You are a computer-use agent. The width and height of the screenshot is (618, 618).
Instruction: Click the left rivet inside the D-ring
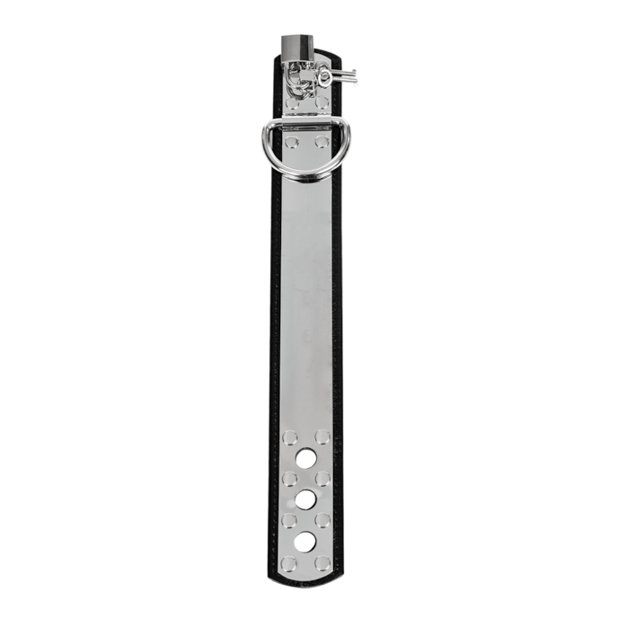pyautogui.click(x=291, y=142)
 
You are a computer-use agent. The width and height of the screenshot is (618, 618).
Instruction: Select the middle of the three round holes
pyautogui.click(x=306, y=499)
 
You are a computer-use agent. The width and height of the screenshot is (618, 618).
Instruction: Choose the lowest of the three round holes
pyautogui.click(x=306, y=541)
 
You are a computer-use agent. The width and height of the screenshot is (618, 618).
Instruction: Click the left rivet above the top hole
pyautogui.click(x=290, y=437)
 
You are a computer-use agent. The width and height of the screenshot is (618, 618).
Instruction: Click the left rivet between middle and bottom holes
pyautogui.click(x=290, y=520)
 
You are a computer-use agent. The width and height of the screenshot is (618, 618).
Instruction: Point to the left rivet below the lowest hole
pyautogui.click(x=290, y=562)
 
